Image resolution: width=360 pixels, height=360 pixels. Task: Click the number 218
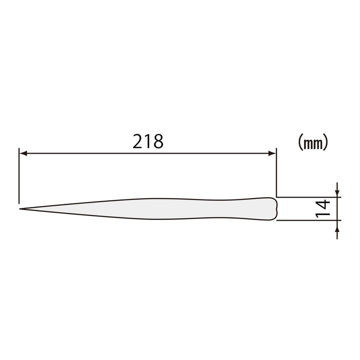[x=147, y=142]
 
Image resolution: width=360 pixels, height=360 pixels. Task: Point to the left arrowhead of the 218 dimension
[x=22, y=153]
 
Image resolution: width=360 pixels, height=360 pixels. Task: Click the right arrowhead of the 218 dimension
[x=272, y=153]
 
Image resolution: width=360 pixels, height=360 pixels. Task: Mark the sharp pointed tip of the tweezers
[x=20, y=209]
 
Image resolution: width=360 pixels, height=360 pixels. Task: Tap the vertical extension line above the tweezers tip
[x=19, y=180]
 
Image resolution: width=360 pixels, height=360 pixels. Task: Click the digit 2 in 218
[x=138, y=142]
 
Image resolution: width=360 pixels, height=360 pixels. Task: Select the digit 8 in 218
[x=157, y=142]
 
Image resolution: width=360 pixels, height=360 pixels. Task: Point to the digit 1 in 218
[x=148, y=142]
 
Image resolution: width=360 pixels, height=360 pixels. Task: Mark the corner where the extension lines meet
[x=276, y=197]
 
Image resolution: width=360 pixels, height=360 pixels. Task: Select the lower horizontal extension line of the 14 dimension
[x=306, y=220]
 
